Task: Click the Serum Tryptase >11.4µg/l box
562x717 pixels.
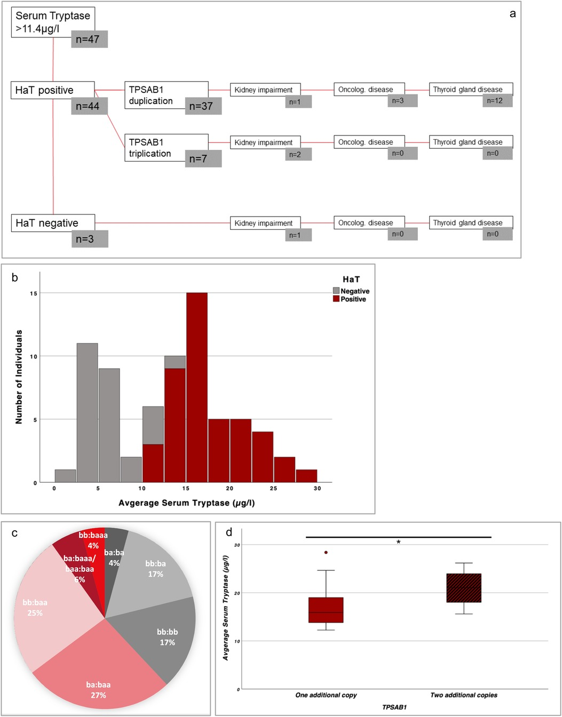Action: tap(53, 22)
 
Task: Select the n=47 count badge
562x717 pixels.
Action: tap(89, 39)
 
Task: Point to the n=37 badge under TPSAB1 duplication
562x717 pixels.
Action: tap(203, 106)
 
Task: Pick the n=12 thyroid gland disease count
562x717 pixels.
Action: tap(497, 101)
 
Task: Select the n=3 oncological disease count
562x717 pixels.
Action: tap(402, 101)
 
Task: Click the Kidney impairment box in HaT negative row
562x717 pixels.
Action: tap(265, 223)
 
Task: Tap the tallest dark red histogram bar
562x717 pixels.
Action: tap(197, 387)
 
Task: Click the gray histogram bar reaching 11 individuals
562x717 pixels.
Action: tap(87, 413)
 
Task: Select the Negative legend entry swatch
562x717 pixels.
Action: tap(336, 291)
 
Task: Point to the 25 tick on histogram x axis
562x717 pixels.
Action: tap(273, 488)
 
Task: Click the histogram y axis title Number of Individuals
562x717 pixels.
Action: tap(19, 377)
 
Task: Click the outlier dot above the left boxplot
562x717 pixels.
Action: tap(326, 553)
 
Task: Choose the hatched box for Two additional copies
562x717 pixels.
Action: tap(464, 588)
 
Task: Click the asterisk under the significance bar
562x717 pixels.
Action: tap(398, 543)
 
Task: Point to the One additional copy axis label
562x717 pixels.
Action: tap(326, 695)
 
